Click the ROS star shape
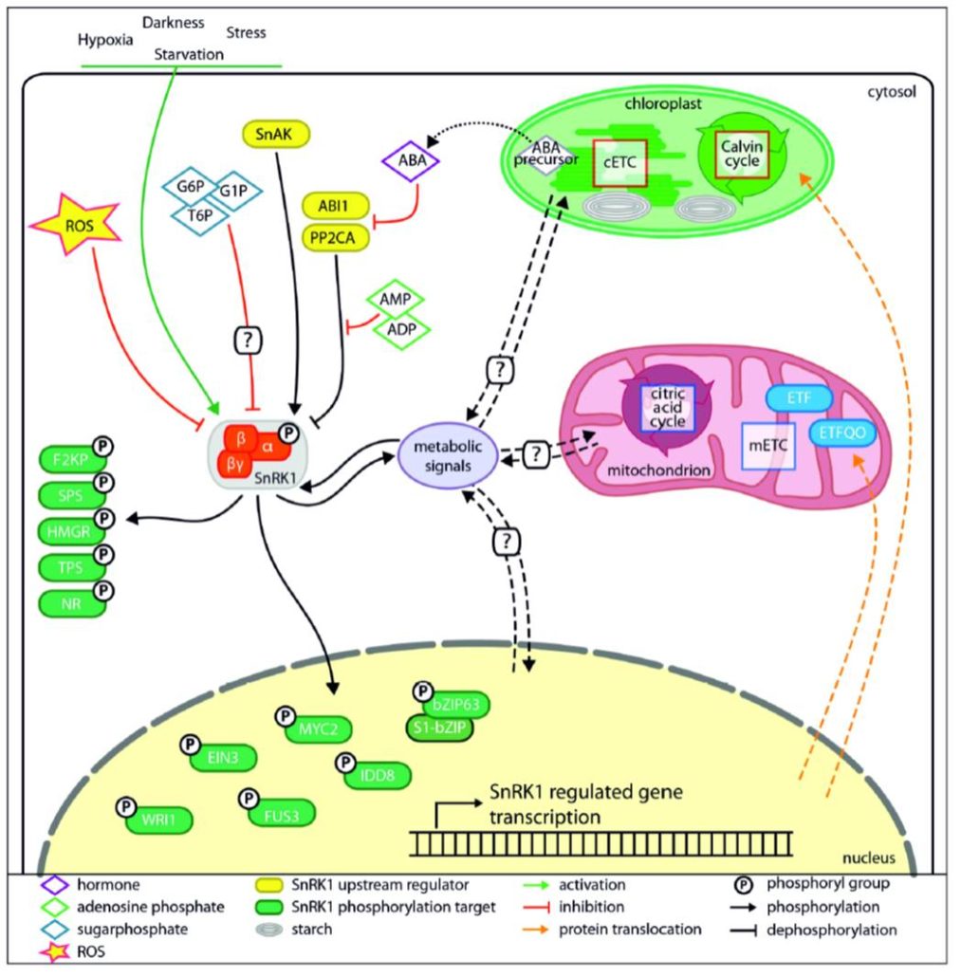pyautogui.click(x=75, y=229)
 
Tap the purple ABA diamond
pyautogui.click(x=411, y=161)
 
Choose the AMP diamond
pyautogui.click(x=397, y=298)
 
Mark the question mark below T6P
pyautogui.click(x=251, y=338)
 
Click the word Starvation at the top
pyautogui.click(x=190, y=55)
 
